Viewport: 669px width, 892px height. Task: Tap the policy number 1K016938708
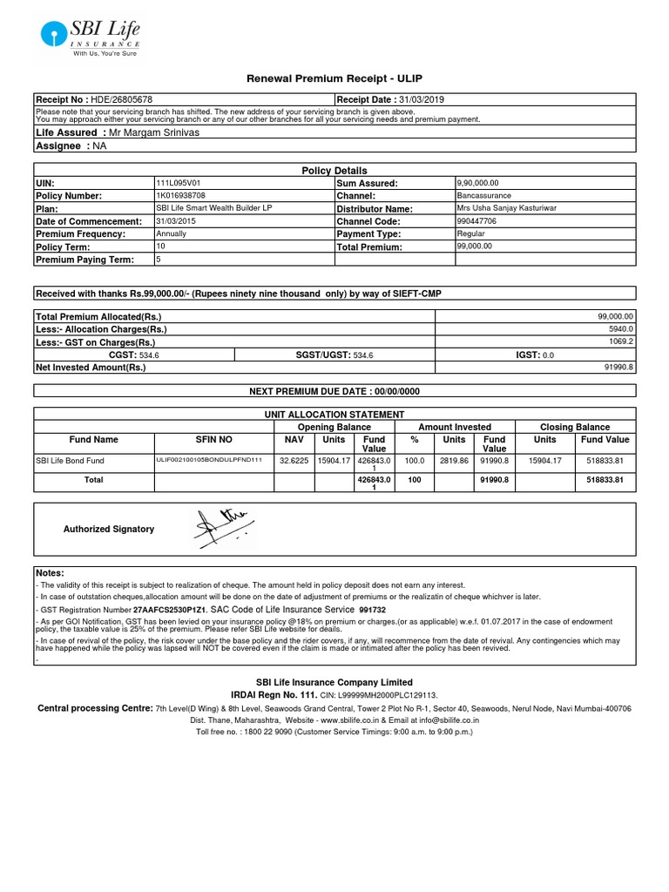coord(180,196)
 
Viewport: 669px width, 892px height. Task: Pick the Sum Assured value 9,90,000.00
coord(478,184)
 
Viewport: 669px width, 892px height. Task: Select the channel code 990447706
coord(476,221)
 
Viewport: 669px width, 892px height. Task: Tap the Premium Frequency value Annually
coord(172,234)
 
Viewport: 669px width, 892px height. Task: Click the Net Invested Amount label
coord(91,368)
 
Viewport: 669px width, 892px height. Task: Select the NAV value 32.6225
coord(294,460)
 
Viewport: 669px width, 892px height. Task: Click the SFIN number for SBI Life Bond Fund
coord(208,459)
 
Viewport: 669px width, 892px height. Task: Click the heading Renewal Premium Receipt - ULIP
coord(334,79)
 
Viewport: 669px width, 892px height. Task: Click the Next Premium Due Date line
coord(334,392)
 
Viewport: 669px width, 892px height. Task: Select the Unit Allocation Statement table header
coord(334,415)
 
